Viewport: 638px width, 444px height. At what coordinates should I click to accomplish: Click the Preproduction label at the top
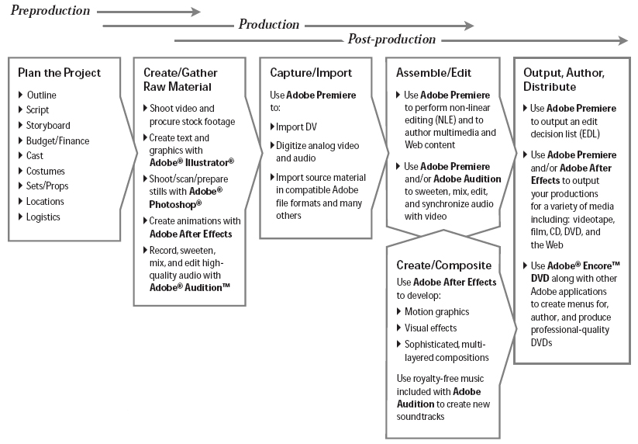click(x=50, y=11)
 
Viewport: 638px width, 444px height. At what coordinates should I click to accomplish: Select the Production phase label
click(x=268, y=25)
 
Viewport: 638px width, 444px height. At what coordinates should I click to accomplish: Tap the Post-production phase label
click(x=391, y=40)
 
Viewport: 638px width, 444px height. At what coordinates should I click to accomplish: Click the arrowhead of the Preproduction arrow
click(x=195, y=12)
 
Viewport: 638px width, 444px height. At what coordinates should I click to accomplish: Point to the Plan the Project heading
click(x=59, y=73)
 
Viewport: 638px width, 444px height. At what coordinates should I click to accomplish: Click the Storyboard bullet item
click(x=48, y=125)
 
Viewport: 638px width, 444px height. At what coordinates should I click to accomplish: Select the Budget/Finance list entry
click(x=57, y=140)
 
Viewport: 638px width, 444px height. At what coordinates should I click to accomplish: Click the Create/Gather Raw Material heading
click(x=181, y=79)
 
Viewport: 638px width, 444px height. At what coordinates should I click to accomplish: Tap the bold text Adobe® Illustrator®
click(x=191, y=161)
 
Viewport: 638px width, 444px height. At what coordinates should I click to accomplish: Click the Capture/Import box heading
click(x=310, y=73)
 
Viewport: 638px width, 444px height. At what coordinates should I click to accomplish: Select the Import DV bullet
click(x=297, y=127)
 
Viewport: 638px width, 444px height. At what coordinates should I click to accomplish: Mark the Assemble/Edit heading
click(x=430, y=73)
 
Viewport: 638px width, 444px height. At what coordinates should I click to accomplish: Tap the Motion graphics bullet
click(x=436, y=311)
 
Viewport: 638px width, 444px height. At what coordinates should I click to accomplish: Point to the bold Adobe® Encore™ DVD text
click(x=577, y=271)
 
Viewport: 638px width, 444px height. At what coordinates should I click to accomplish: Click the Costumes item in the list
click(x=45, y=171)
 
